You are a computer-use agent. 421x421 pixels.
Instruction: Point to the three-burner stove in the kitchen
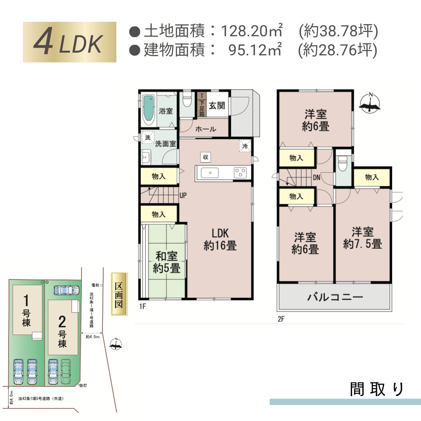click(240, 173)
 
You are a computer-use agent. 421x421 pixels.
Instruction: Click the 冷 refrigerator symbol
click(245, 146)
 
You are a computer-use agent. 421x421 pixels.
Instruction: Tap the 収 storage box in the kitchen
click(205, 157)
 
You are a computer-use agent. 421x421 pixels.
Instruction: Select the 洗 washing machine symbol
click(148, 138)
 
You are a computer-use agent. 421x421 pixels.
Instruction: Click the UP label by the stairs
click(183, 195)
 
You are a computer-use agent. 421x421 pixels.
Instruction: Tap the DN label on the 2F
click(317, 177)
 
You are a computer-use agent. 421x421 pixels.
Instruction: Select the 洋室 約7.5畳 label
click(363, 238)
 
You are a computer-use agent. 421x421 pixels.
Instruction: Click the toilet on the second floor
click(343, 164)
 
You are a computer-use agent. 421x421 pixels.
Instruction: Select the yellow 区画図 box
click(119, 294)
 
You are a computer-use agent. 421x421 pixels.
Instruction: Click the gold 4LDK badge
click(69, 42)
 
